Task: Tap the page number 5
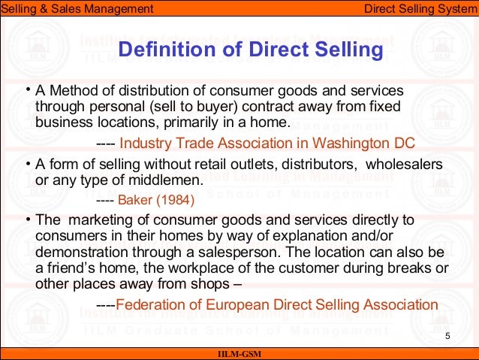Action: tap(448, 335)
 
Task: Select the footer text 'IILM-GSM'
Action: tap(239, 354)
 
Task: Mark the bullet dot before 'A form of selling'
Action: tap(26, 164)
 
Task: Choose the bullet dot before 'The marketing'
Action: tap(26, 219)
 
